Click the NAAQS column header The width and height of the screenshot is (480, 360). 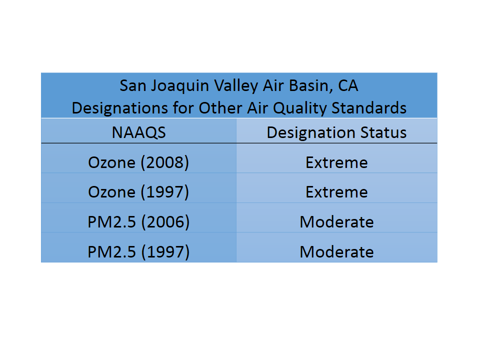(138, 132)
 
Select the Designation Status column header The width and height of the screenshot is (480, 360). (336, 133)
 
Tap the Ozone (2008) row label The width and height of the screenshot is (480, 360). (138, 162)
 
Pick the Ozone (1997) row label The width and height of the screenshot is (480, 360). (138, 192)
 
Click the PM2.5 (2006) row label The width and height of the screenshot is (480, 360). (138, 221)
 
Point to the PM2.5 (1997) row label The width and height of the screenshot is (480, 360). (138, 251)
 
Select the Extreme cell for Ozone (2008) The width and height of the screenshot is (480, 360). (336, 162)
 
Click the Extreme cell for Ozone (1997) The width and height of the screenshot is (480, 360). (336, 192)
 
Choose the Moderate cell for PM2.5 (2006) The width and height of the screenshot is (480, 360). (336, 221)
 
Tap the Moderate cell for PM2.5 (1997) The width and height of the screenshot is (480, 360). (336, 251)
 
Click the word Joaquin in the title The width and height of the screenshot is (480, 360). (180, 86)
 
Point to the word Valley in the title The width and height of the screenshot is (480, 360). (236, 86)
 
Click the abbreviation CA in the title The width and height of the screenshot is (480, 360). (348, 85)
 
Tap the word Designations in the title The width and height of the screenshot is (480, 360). (119, 108)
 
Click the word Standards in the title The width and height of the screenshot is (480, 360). (369, 108)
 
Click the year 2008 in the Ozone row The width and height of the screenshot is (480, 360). (164, 162)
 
